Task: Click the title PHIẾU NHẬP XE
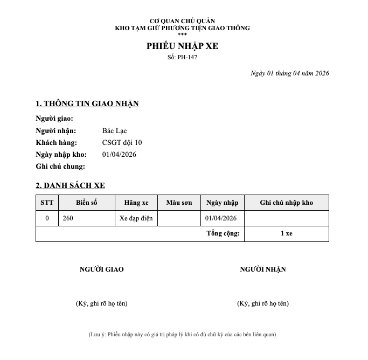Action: coord(182,46)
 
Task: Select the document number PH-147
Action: coord(182,57)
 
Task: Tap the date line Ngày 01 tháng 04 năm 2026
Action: coord(290,73)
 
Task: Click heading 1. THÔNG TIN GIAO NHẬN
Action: coord(87,103)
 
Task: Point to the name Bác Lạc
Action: coord(114,131)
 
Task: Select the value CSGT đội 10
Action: coord(122,143)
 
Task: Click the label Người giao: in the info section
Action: coord(54,119)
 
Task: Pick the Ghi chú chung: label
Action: coord(60,167)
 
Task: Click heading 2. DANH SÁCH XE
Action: coord(70,185)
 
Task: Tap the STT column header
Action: coord(47,203)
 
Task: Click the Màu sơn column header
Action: coord(179,203)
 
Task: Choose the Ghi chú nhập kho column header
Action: coord(286,203)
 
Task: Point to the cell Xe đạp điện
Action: coord(136,218)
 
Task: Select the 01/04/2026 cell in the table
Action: coord(221,218)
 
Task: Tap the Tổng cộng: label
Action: coord(223,234)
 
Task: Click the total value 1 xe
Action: coord(286,234)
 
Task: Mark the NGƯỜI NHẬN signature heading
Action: coord(262,269)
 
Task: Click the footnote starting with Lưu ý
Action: coord(182,335)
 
